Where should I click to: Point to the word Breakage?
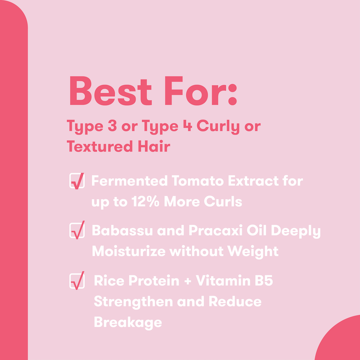pos(127,322)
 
